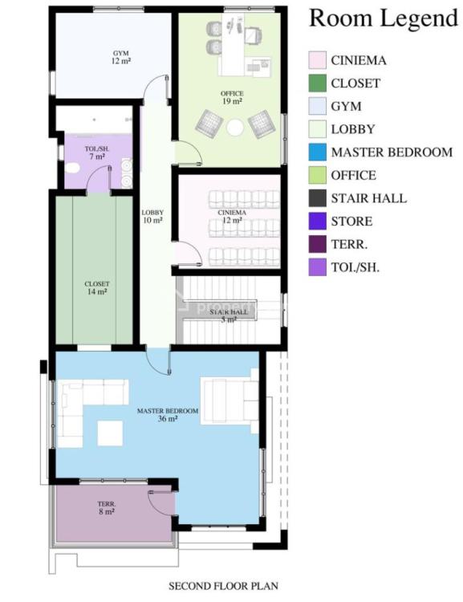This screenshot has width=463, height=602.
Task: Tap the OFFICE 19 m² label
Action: pos(232,98)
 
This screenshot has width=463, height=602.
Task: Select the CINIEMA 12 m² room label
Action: pos(231,215)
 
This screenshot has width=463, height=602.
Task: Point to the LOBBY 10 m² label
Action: pos(152,215)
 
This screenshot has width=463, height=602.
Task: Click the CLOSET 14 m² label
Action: pos(97,287)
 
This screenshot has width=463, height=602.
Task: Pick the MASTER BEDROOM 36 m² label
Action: pos(167,414)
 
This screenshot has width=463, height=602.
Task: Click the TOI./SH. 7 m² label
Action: pos(95,153)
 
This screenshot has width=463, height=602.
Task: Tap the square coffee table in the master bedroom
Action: pos(110,433)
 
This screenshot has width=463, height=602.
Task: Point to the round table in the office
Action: pos(235,127)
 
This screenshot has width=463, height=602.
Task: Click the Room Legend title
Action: pos(383,18)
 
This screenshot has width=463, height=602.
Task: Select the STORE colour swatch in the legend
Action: pos(318,222)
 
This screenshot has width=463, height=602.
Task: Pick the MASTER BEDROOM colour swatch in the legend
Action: pos(318,152)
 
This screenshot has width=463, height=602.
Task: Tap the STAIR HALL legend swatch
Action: pos(318,198)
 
